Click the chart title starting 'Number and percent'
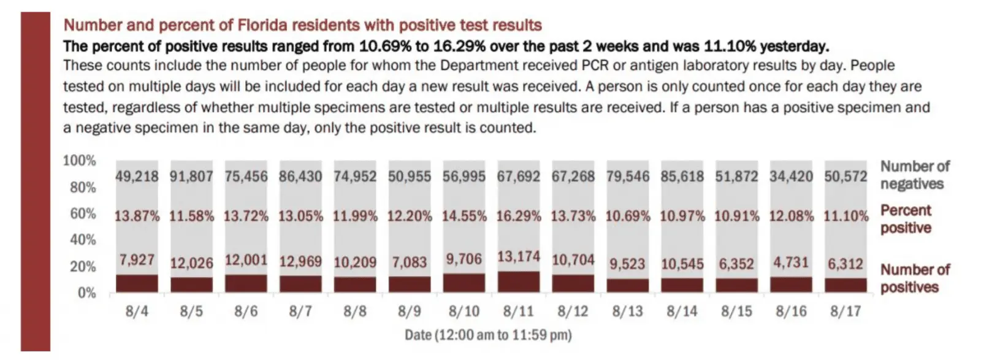click(303, 25)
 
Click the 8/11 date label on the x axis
click(518, 311)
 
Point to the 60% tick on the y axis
click(83, 213)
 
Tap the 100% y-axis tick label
click(80, 161)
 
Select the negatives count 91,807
click(191, 177)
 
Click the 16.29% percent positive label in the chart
click(519, 216)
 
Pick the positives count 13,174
click(519, 256)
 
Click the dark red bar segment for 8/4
click(137, 283)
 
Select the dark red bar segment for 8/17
click(846, 285)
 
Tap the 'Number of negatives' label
click(914, 175)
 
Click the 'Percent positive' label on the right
click(906, 219)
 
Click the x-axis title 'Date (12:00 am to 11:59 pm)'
click(488, 335)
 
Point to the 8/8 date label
click(355, 311)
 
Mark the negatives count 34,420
click(791, 177)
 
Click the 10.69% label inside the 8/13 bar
click(628, 216)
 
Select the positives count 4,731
click(791, 262)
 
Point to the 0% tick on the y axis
click(87, 293)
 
